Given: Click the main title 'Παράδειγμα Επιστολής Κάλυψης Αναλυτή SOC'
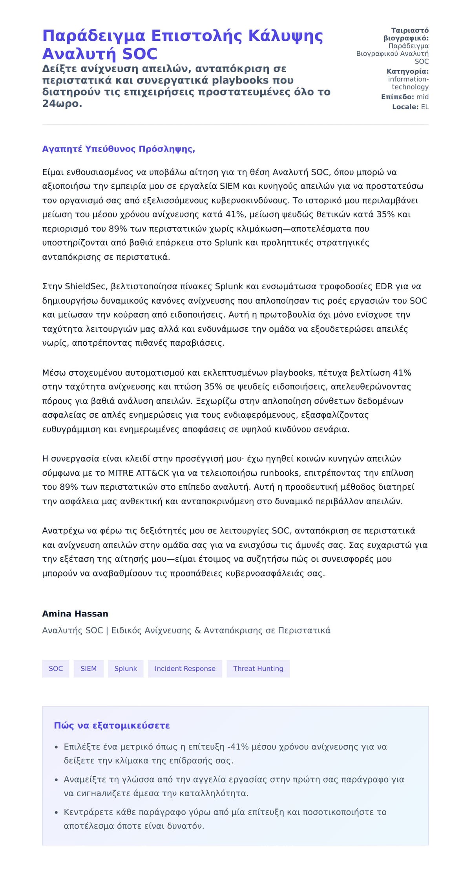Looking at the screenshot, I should (183, 45).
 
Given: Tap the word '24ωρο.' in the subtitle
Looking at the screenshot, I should (62, 104).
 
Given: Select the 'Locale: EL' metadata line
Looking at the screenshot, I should (410, 107).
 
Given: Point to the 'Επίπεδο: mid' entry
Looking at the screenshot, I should (405, 97).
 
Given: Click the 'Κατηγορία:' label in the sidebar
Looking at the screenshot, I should (407, 71).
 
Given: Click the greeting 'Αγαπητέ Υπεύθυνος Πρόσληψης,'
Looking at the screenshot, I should (119, 149).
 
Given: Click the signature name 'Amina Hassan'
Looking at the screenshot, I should (75, 614).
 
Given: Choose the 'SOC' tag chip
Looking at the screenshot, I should (56, 669).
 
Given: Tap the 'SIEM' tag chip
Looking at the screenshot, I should (88, 669).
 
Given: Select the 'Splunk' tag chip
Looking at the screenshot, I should (126, 669).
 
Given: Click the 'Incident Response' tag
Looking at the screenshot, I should (185, 669).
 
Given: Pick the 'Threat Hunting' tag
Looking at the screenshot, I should (258, 669).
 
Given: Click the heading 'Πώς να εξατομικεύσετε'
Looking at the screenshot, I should (112, 726).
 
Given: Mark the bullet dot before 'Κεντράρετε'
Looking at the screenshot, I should (56, 812).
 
